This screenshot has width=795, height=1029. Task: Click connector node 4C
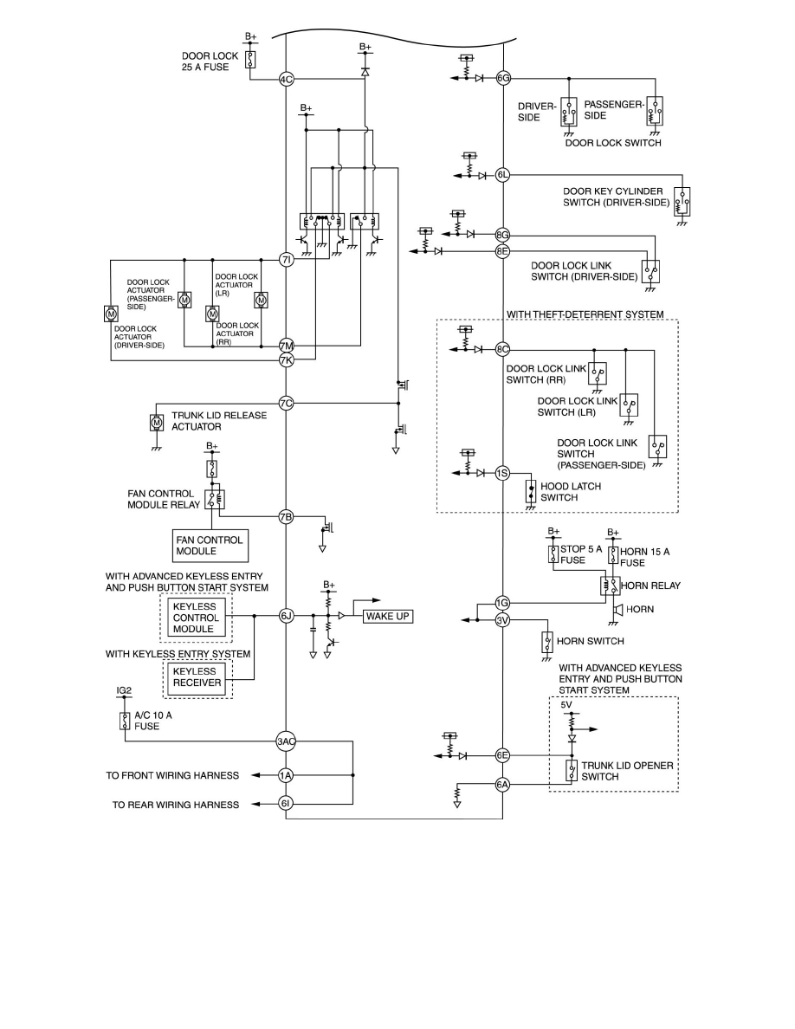pos(287,80)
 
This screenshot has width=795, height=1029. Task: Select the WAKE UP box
pos(388,617)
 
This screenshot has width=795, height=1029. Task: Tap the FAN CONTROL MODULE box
pos(210,545)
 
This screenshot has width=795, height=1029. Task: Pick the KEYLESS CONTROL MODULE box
pos(197,617)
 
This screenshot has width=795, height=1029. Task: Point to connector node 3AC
pos(287,741)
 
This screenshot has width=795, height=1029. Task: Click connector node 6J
pos(287,616)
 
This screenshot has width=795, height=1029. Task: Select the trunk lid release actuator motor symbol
pos(158,424)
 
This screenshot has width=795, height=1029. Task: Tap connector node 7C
pos(287,403)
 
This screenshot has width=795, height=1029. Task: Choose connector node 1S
pos(503,473)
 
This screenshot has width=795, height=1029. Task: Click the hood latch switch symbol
pos(530,491)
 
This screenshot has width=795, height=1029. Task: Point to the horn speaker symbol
pos(617,610)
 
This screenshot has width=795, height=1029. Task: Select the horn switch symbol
pos(546,642)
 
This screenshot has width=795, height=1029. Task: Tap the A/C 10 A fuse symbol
pos(125,721)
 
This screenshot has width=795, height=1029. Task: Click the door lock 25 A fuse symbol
pos(250,59)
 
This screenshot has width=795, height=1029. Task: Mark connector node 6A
pos(503,785)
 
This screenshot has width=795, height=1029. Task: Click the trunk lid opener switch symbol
pos(571,771)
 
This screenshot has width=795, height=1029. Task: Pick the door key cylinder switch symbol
pos(683,201)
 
